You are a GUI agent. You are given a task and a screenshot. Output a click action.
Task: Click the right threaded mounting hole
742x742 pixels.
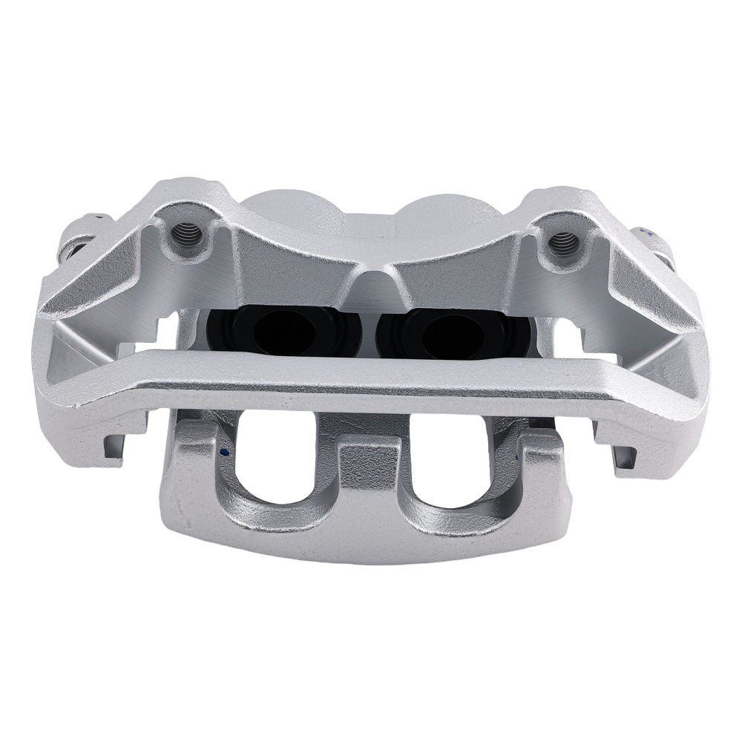pyautogui.click(x=563, y=241)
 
